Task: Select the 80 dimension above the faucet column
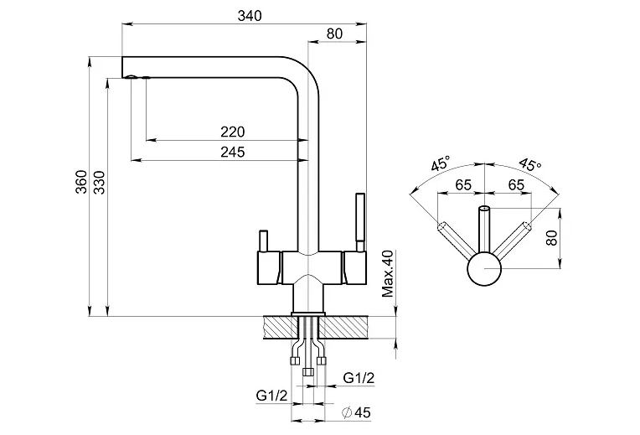333,34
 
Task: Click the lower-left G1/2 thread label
271,395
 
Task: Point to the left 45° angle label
441,163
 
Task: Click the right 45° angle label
529,163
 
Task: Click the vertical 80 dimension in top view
551,236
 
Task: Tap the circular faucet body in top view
483,272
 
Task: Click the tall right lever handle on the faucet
362,220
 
